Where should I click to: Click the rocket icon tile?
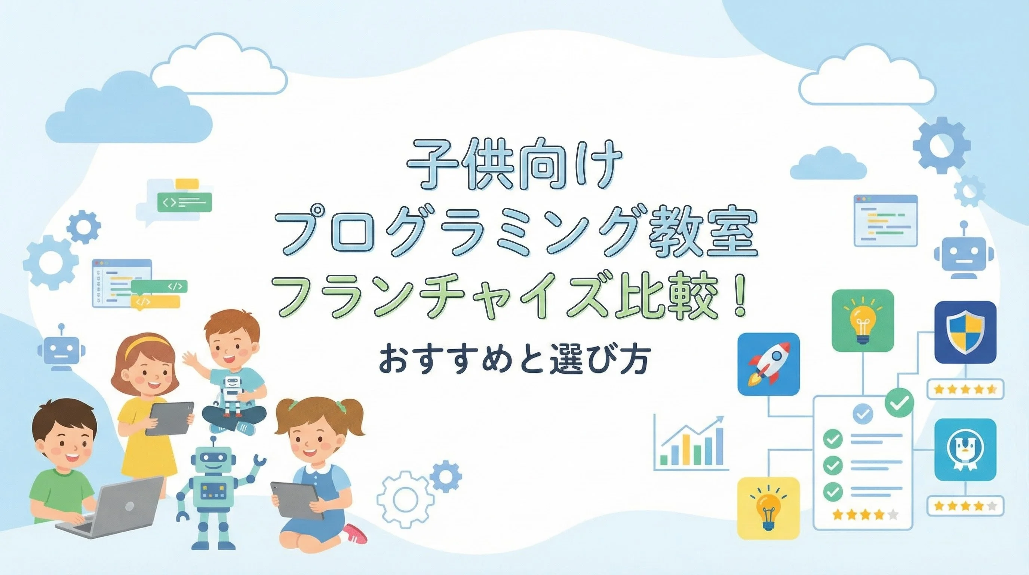768,364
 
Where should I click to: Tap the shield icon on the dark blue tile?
965,331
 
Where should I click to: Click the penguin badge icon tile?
965,450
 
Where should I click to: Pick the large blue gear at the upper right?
942,146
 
